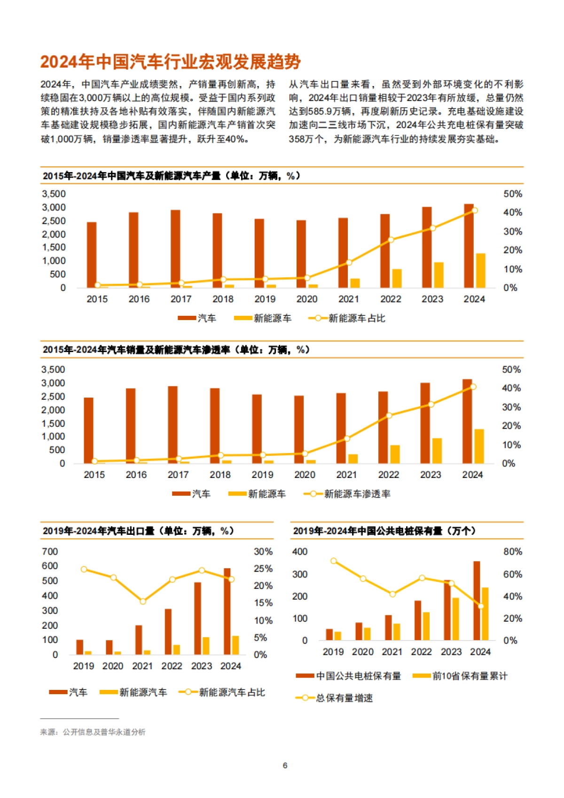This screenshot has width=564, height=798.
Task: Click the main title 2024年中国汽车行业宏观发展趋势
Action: [x=170, y=62]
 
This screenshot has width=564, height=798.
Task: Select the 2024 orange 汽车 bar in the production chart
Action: [x=469, y=246]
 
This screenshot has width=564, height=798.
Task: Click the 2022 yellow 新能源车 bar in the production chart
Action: [x=397, y=278]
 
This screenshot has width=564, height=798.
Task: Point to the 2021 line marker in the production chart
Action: [x=349, y=262]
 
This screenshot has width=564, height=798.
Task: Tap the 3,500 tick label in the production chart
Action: [x=54, y=194]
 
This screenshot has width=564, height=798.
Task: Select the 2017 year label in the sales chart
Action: [x=178, y=475]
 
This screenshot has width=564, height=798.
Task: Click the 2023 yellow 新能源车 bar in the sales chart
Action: [x=437, y=451]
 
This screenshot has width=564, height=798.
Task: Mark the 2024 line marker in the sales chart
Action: [x=473, y=387]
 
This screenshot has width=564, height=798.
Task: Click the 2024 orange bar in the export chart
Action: [x=227, y=611]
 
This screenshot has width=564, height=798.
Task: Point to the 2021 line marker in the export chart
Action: [x=143, y=601]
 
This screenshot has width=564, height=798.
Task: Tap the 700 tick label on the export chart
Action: [x=50, y=551]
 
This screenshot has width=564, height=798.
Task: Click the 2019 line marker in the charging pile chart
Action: [x=334, y=561]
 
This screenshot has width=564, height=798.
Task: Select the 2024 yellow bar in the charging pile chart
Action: [x=485, y=614]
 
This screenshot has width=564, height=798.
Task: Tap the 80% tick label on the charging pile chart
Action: [x=513, y=551]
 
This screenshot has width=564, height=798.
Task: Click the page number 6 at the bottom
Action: [x=285, y=766]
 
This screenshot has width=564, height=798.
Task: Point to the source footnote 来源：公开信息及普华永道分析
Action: [x=93, y=732]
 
